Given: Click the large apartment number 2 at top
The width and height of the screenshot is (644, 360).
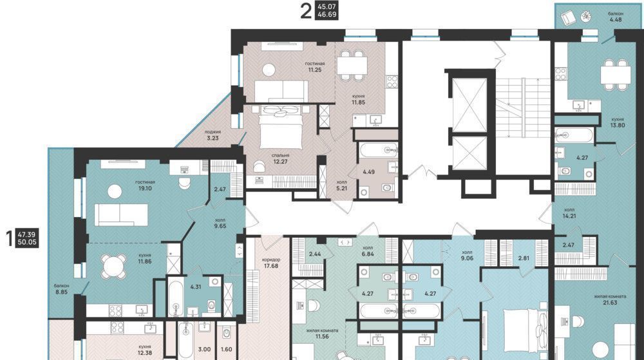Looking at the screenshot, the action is pos(305,11).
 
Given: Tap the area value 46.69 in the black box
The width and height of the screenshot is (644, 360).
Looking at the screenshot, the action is pos(327,15).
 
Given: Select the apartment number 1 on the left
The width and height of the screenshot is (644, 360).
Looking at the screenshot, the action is pos(10,238).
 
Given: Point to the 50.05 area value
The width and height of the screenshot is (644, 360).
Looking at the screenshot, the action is pos(27,242).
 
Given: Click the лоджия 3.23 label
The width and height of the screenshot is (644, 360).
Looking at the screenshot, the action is pos(213,135).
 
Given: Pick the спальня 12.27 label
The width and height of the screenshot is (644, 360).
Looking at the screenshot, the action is pos(280,158).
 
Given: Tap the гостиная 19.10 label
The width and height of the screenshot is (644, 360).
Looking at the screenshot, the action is pos(145,185).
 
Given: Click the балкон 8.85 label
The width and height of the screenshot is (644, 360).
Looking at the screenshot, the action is pos(62,289).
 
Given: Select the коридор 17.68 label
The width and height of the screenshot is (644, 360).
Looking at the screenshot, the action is pos(271,263).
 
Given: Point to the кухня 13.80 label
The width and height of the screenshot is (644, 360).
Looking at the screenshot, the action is pos(618,122).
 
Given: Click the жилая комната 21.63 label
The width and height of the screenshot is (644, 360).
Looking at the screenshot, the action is pos(610,299).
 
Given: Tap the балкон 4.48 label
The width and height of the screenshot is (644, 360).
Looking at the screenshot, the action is pos(615,16).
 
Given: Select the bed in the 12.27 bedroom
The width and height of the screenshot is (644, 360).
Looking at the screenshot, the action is pos(281,125).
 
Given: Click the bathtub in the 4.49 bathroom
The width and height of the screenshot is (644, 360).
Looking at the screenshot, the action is pos(378,150).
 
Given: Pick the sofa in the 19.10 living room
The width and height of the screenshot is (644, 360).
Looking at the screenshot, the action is pos(121,215).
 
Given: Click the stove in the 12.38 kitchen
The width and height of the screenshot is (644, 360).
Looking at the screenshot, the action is pos(117,327).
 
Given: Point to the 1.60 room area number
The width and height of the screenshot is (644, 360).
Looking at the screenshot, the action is pos(226,349).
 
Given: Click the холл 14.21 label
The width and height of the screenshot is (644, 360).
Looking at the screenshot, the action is pos(569,213).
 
